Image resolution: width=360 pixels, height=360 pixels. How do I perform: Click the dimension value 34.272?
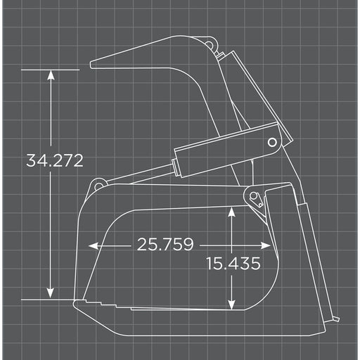click(55, 160)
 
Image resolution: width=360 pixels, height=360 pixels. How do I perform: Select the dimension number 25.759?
click(165, 244)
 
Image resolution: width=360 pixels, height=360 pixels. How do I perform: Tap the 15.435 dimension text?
click(233, 263)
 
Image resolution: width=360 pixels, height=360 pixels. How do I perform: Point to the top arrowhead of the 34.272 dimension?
click(51, 75)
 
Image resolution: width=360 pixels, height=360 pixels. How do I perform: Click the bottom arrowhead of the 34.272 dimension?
click(51, 293)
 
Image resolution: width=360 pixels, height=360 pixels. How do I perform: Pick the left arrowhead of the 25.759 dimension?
click(94, 246)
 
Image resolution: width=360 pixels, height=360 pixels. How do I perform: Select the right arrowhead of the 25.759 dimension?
click(266, 245)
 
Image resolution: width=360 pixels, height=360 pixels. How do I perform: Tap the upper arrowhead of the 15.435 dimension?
click(231, 212)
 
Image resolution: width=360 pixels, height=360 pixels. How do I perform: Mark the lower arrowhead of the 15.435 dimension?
click(231, 304)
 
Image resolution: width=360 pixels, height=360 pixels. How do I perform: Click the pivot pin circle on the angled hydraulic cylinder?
click(272, 142)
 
